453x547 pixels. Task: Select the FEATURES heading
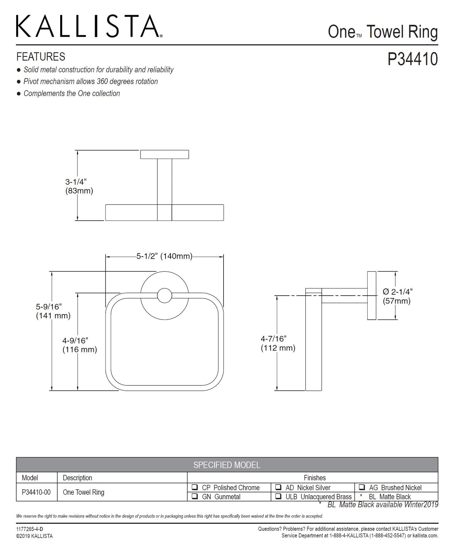pyautogui.click(x=41, y=57)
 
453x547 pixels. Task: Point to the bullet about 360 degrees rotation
pyautogui.click(x=91, y=82)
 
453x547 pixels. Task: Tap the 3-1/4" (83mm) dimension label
pyautogui.click(x=79, y=186)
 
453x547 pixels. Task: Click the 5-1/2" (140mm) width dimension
pyautogui.click(x=164, y=256)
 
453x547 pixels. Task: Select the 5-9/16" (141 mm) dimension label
pyautogui.click(x=53, y=311)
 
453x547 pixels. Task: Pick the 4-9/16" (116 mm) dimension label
pyautogui.click(x=79, y=345)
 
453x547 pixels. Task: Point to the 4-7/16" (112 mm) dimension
pyautogui.click(x=278, y=343)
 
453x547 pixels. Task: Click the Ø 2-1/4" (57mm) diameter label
pyautogui.click(x=397, y=296)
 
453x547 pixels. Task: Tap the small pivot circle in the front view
pyautogui.click(x=164, y=295)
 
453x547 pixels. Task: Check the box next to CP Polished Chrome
pyautogui.click(x=195, y=487)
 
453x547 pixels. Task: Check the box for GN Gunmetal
pyautogui.click(x=195, y=496)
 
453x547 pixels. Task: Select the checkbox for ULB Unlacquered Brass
pyautogui.click(x=278, y=496)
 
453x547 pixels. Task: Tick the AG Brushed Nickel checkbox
pyautogui.click(x=362, y=487)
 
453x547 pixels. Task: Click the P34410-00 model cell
pyautogui.click(x=36, y=492)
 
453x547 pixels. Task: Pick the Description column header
pyautogui.click(x=77, y=478)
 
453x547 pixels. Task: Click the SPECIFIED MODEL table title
pyautogui.click(x=227, y=465)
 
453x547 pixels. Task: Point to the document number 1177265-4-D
pyautogui.click(x=29, y=529)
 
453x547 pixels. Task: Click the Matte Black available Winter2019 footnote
pyautogui.click(x=382, y=505)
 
